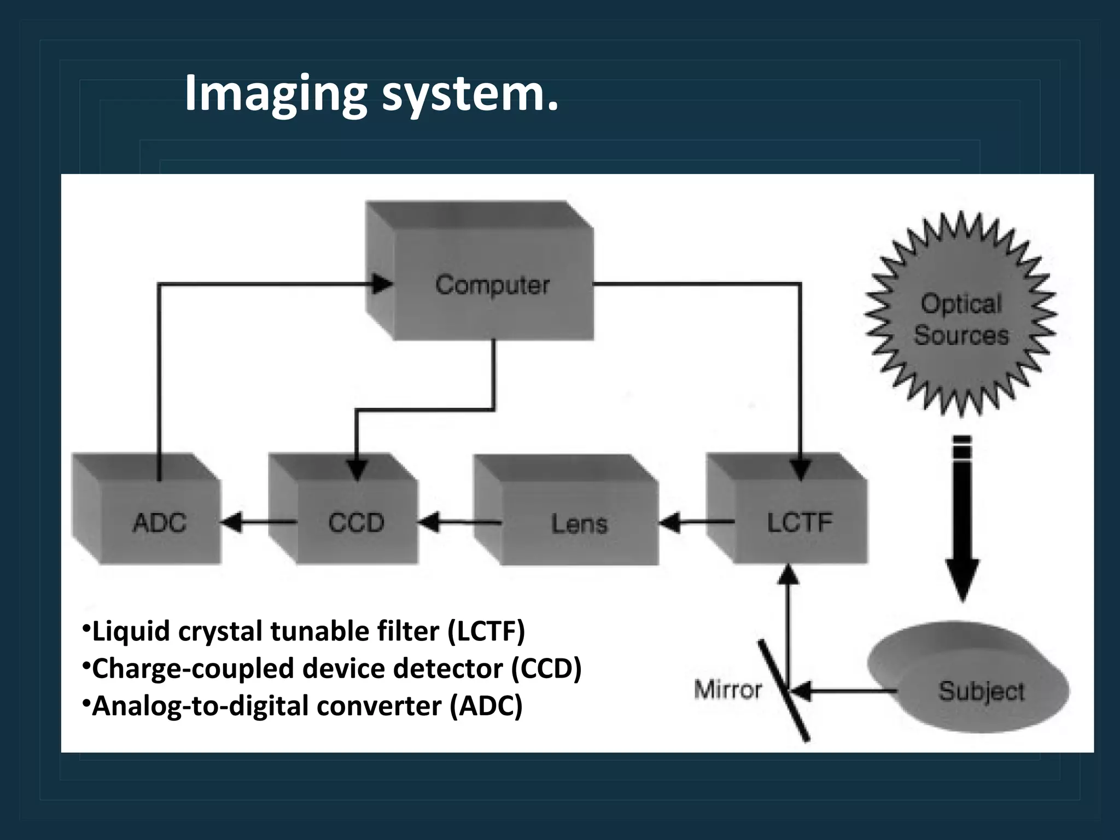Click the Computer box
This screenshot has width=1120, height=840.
tap(492, 284)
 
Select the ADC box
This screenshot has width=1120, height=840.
tap(159, 522)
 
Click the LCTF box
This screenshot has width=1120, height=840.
tap(799, 522)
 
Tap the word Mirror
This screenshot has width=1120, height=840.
tap(728, 690)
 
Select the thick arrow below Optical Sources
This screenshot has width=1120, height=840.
tap(962, 520)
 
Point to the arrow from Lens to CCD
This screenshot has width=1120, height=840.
tap(459, 523)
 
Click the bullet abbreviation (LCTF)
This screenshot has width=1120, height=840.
tap(486, 631)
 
